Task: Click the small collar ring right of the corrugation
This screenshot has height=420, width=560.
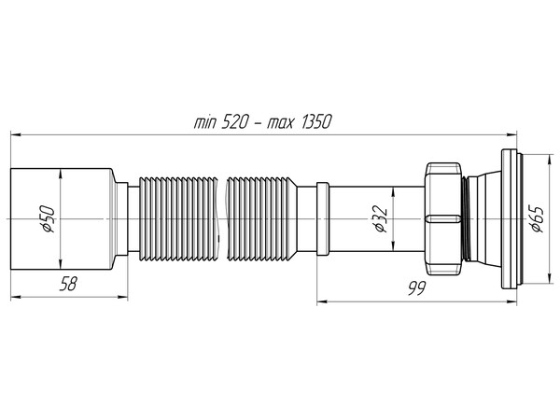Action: pyautogui.click(x=322, y=217)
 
